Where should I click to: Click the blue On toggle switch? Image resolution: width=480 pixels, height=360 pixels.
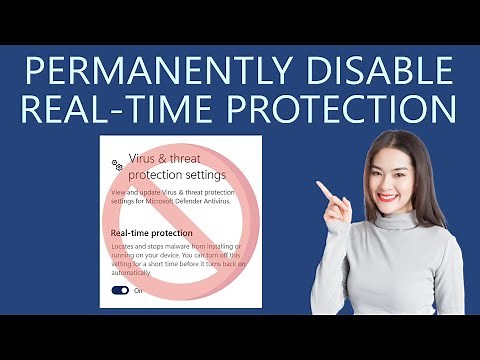[120, 290]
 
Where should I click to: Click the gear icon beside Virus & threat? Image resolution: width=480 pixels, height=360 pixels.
[117, 163]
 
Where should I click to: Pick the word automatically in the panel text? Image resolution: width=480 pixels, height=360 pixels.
[136, 272]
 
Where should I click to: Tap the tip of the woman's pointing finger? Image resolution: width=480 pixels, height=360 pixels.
[318, 184]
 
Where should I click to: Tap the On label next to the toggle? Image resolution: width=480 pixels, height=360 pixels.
[138, 290]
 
